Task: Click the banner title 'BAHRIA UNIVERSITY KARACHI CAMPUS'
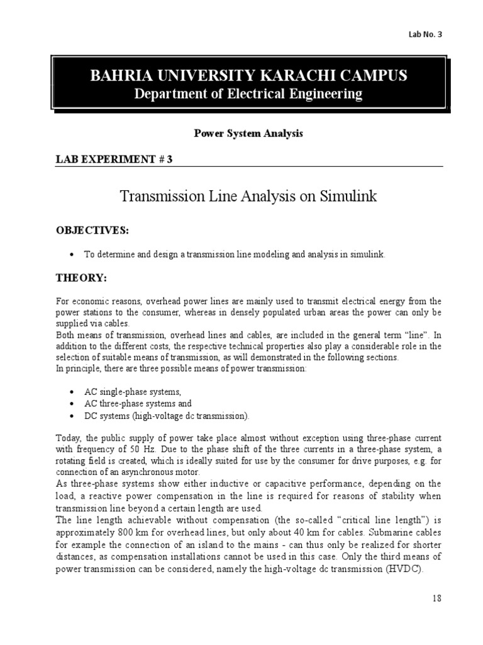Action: [249, 76]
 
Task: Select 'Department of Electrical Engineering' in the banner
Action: [249, 94]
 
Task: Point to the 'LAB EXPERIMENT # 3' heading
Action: [114, 159]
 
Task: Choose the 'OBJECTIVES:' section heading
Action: [93, 231]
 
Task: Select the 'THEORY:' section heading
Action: [82, 278]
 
